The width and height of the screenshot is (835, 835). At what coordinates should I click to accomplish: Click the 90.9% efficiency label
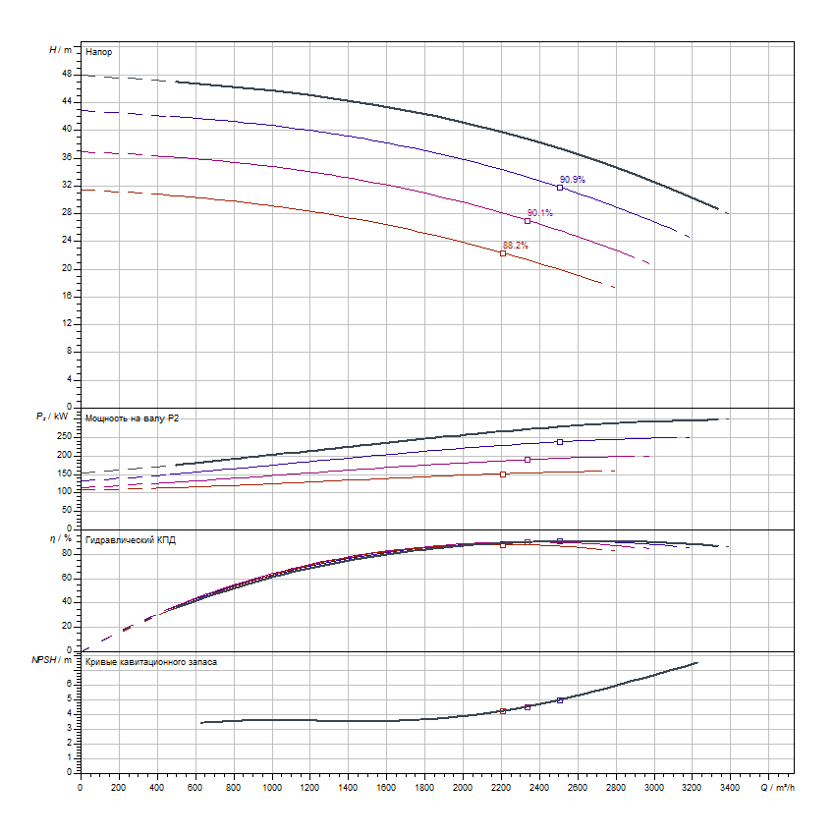click(572, 179)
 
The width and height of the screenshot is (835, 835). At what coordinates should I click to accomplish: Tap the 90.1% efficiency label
click(539, 212)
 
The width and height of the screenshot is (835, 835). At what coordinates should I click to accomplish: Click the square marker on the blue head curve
click(560, 188)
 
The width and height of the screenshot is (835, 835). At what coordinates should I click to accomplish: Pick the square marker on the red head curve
click(503, 253)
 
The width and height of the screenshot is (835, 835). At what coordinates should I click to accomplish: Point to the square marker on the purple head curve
click(528, 221)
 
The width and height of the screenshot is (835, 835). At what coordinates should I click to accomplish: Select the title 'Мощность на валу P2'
click(133, 418)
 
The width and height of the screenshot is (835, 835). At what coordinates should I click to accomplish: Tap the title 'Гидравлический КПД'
click(131, 540)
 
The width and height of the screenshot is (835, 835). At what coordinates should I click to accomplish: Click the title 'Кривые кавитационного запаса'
click(151, 662)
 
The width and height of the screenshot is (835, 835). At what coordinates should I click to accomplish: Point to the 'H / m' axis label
click(60, 49)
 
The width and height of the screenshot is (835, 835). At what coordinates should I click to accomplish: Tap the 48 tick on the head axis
click(67, 74)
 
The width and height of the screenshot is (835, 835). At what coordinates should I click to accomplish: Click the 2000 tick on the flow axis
click(462, 786)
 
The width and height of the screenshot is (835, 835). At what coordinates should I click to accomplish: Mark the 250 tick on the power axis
click(65, 436)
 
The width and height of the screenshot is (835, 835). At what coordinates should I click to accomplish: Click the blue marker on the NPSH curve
click(560, 699)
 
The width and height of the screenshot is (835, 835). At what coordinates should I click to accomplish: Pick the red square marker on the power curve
click(503, 473)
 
